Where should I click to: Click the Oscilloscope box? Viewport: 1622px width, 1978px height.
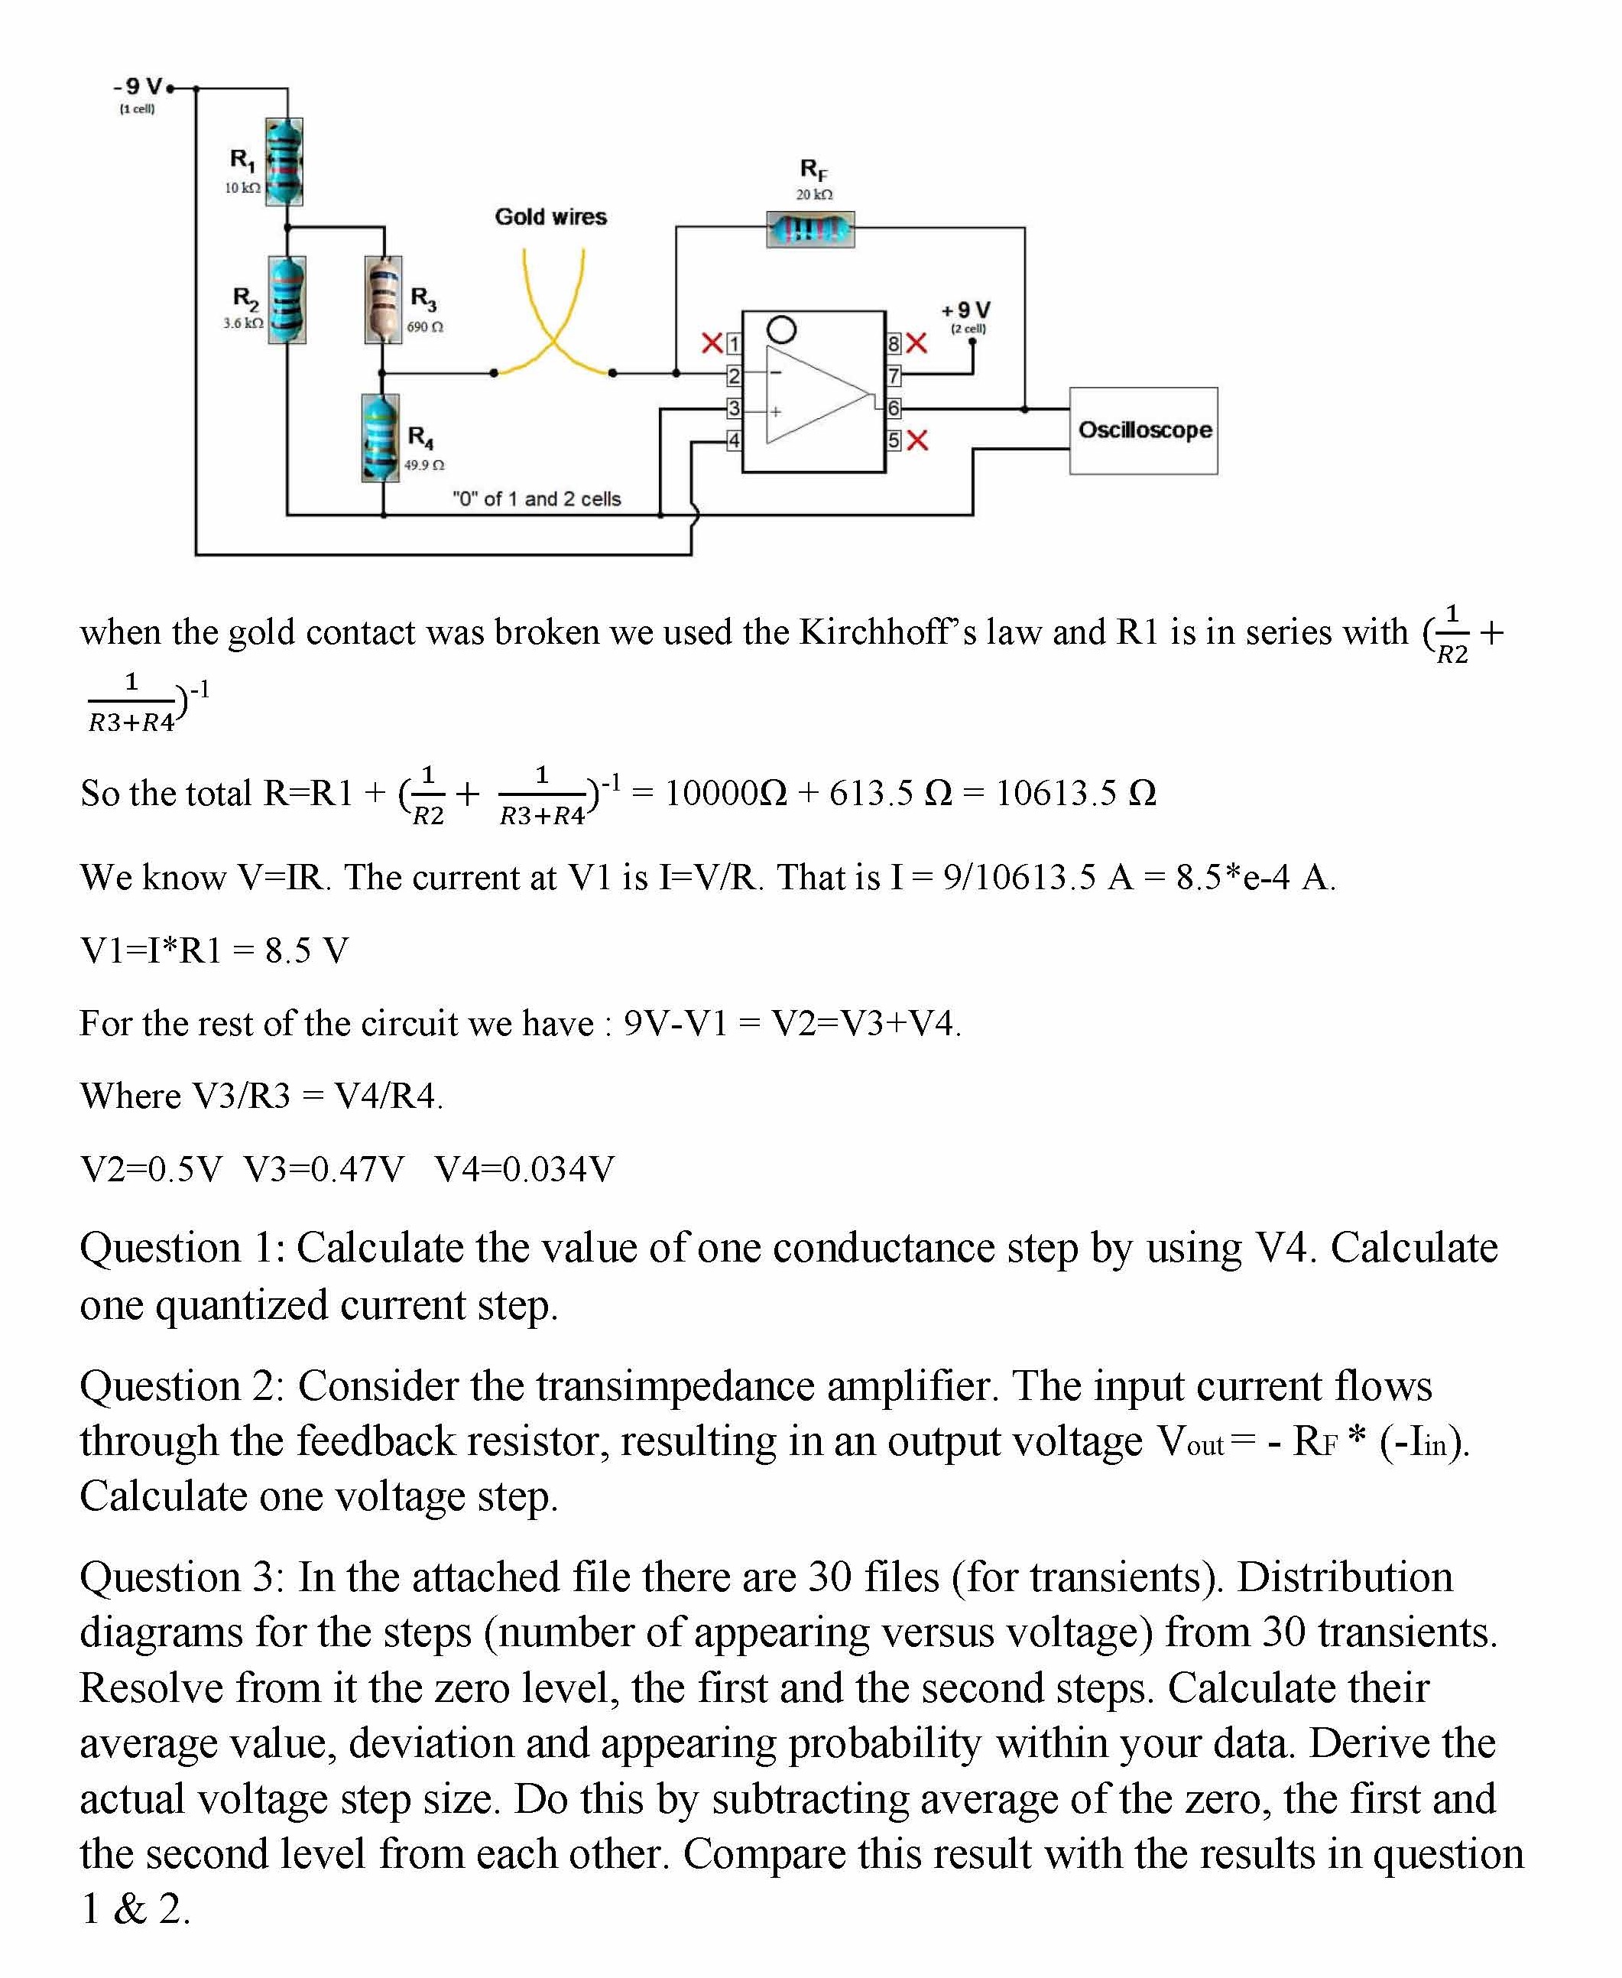click(1143, 430)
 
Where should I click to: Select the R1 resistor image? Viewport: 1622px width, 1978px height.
click(284, 161)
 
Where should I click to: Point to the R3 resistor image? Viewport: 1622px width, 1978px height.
click(383, 300)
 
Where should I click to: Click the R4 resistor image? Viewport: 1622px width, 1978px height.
click(380, 437)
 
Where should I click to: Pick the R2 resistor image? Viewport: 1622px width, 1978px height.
click(287, 300)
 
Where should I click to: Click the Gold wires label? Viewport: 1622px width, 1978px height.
click(550, 217)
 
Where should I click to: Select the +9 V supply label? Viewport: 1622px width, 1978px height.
click(965, 310)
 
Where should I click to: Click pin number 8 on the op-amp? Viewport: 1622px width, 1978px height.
click(894, 344)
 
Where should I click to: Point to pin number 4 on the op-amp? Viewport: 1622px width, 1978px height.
click(735, 440)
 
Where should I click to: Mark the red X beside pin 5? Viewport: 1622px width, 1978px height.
click(917, 440)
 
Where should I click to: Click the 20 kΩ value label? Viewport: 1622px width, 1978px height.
click(814, 194)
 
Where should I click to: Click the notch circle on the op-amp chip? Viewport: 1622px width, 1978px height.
click(781, 330)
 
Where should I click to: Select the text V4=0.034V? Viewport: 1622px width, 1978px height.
click(524, 1169)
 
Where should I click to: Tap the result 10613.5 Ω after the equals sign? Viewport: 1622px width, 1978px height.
click(1075, 793)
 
